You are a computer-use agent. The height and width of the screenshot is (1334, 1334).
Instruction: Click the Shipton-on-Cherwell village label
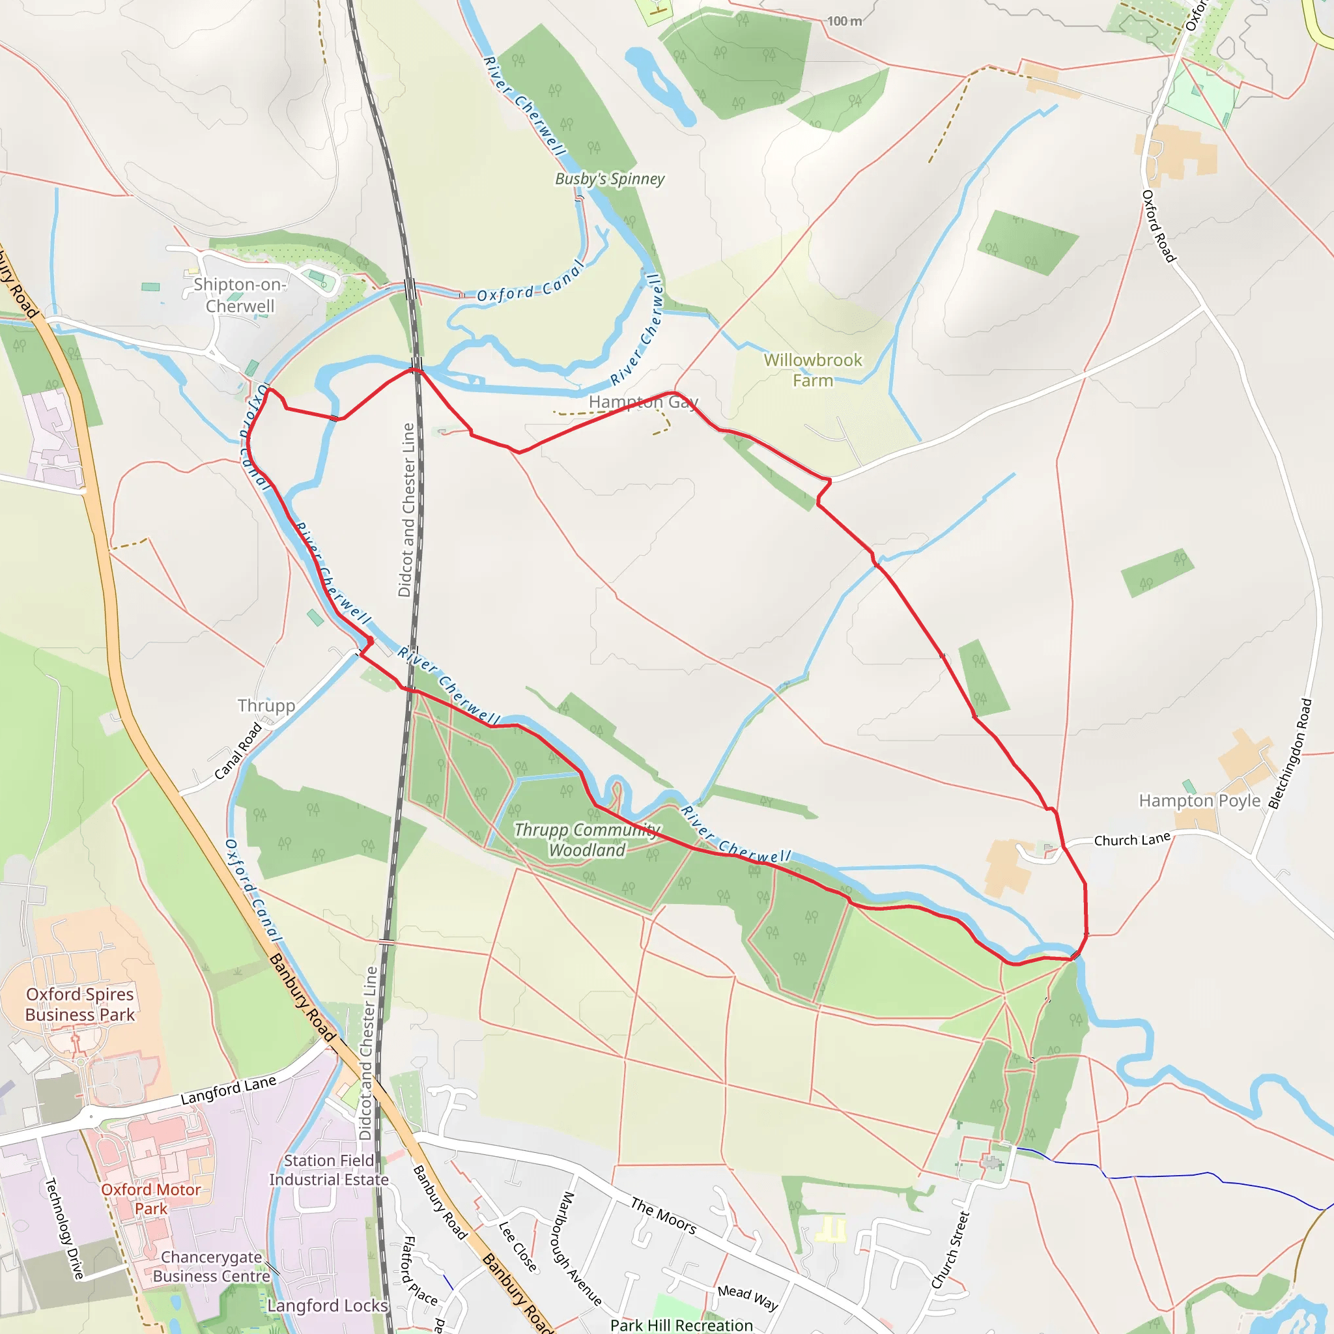coord(240,296)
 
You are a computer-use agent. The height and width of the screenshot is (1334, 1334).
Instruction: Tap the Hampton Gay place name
coord(643,402)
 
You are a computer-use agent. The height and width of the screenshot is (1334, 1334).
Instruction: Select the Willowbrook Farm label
coord(813,370)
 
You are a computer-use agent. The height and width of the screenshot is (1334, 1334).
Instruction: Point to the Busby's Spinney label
coord(610,179)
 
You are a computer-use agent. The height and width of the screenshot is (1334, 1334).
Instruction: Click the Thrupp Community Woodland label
coord(587,840)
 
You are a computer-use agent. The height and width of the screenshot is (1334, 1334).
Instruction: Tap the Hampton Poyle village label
coord(1199,801)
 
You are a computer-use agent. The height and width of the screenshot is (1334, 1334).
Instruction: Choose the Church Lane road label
coord(1132,840)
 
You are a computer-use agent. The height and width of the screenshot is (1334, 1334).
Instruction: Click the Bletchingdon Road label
coord(1290,754)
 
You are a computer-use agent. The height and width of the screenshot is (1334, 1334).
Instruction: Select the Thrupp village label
coord(266,705)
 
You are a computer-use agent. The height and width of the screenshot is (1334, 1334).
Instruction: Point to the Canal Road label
coord(238,750)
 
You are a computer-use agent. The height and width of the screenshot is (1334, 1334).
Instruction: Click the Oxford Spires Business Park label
coord(80,1004)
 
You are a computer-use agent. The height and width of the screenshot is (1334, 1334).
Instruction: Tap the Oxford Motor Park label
coord(150,1199)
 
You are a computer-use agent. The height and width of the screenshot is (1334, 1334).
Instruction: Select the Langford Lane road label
coord(228,1090)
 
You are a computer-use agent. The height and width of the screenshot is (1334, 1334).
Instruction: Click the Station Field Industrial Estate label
coord(329,1171)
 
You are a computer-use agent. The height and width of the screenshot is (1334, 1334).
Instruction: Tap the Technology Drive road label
coord(64,1228)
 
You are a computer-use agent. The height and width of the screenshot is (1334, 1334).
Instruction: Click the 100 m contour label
coord(844,21)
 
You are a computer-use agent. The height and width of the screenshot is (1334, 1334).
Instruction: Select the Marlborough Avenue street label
coord(578,1249)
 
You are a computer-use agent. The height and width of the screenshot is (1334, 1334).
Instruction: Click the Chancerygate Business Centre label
coord(211,1267)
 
